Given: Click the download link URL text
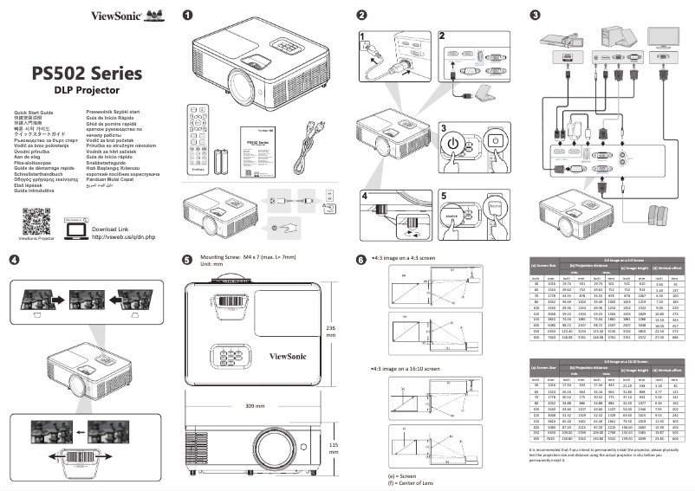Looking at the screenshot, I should [x=122, y=212].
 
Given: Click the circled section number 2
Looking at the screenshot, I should [x=361, y=15].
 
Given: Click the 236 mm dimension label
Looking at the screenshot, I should [x=329, y=333].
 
